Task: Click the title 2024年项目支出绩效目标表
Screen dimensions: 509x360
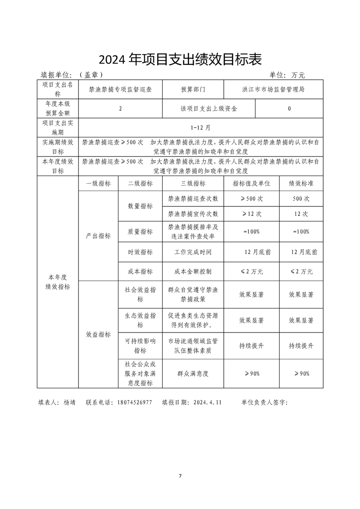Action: (x=180, y=59)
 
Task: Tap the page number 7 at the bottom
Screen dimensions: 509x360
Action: (x=180, y=476)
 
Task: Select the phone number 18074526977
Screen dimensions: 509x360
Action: (x=134, y=402)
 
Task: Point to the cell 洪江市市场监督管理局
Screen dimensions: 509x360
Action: (x=273, y=89)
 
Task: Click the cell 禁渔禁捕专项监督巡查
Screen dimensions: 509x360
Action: (x=120, y=89)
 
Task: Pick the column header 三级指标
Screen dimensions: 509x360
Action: (x=193, y=183)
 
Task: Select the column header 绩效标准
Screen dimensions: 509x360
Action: (x=301, y=183)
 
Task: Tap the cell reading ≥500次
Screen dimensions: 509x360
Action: (x=251, y=199)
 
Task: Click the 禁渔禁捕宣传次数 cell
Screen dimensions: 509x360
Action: (x=193, y=214)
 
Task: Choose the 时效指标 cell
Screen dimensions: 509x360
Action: (x=140, y=252)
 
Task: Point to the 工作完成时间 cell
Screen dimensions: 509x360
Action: (x=193, y=252)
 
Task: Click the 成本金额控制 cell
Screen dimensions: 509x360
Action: (x=193, y=271)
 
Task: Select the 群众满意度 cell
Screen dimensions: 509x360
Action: (x=193, y=373)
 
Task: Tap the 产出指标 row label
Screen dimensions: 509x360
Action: (x=98, y=236)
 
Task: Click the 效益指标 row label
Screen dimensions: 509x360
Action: (x=98, y=334)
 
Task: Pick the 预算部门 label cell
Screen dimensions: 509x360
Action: (x=193, y=89)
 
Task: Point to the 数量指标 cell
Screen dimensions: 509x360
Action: (x=140, y=206)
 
